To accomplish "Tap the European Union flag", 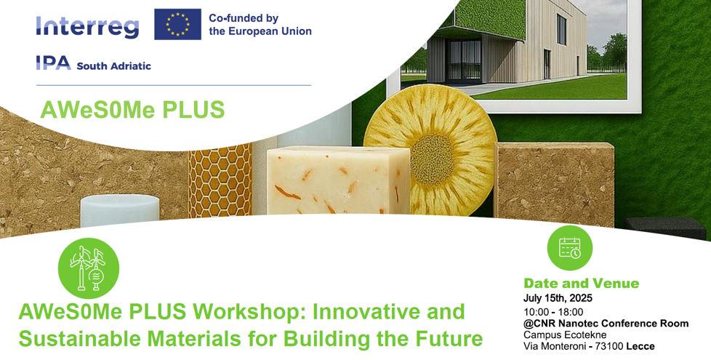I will [x=177, y=25].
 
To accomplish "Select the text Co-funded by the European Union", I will [x=260, y=25].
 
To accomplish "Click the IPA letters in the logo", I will [x=53, y=64].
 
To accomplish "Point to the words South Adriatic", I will [x=113, y=65].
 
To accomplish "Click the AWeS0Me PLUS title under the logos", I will [x=132, y=110].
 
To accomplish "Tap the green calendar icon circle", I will [x=569, y=248].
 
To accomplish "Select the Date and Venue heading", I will [x=581, y=283].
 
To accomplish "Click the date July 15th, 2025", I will [x=558, y=298].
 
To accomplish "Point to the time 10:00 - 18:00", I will [x=553, y=311].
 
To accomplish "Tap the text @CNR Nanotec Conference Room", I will [x=606, y=324].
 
